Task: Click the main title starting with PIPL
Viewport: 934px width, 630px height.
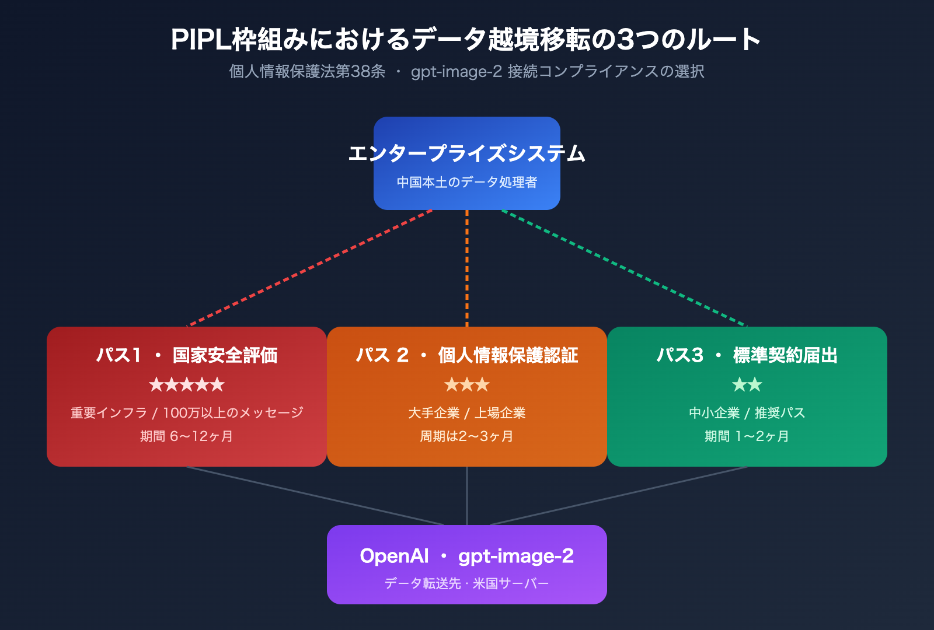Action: pos(466,40)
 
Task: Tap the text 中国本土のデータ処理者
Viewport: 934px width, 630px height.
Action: pos(466,182)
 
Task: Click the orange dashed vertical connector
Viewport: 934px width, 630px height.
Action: pos(467,268)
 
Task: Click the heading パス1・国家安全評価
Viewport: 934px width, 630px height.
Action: pos(187,355)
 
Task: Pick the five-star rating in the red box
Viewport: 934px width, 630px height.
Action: pos(187,384)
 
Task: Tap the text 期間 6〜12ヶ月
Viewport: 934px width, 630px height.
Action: pos(187,436)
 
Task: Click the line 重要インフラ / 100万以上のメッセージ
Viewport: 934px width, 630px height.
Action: pos(187,412)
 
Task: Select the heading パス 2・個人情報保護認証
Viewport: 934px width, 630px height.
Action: pos(467,355)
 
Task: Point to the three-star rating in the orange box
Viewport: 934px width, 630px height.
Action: pos(467,384)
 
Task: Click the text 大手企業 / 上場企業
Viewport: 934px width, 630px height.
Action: pos(467,412)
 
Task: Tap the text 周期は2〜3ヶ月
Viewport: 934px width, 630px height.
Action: pos(467,436)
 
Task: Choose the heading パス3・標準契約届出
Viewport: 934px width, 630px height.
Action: pos(747,355)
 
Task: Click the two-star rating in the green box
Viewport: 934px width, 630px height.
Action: pos(747,384)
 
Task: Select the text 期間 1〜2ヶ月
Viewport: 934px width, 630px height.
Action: pos(747,436)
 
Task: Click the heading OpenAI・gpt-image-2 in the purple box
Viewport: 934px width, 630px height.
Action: pos(467,556)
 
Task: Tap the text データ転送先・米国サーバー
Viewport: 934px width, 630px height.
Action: pos(467,583)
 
